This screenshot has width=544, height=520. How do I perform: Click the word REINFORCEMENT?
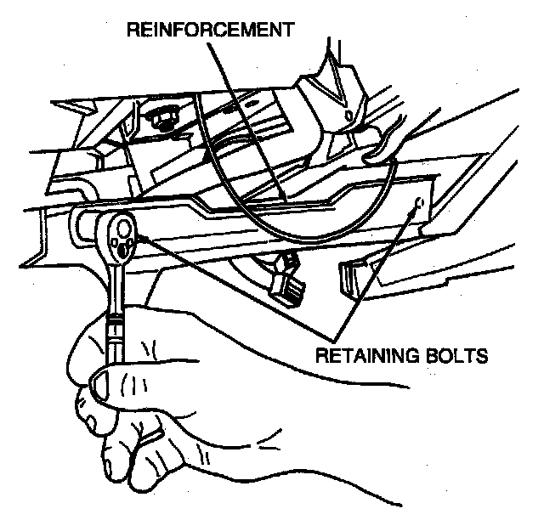tap(209, 30)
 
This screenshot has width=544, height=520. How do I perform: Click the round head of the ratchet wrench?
tap(119, 233)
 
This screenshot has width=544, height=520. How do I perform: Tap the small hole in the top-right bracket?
tap(347, 113)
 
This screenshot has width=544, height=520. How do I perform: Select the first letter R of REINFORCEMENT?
tap(133, 30)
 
